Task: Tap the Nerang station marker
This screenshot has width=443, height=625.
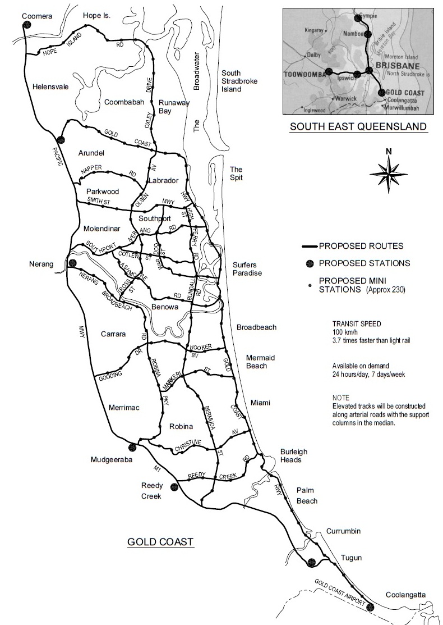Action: (x=72, y=263)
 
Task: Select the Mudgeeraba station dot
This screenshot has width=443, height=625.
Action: (x=133, y=447)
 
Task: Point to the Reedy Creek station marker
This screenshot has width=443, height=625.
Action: (x=174, y=486)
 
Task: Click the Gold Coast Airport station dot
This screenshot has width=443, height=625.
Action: (x=369, y=606)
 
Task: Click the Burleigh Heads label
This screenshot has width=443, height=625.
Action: (x=291, y=455)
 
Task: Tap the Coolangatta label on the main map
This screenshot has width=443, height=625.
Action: (x=405, y=595)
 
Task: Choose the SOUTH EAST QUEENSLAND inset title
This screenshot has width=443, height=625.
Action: (x=358, y=127)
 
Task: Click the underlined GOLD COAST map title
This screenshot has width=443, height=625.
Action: (x=160, y=542)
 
